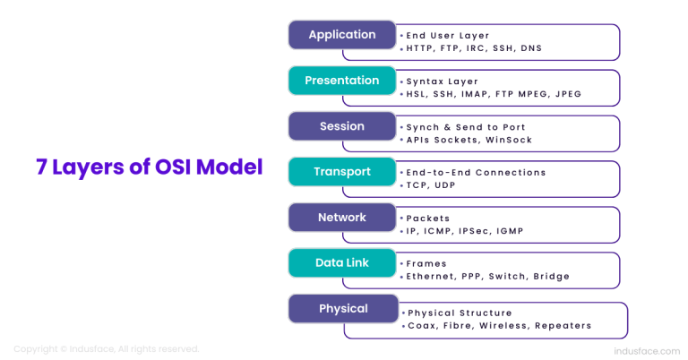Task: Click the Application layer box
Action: pyautogui.click(x=341, y=35)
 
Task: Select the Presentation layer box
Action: pyautogui.click(x=341, y=81)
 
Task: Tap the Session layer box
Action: pyautogui.click(x=341, y=126)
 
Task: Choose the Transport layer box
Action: pyautogui.click(x=341, y=172)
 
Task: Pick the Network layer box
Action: pyautogui.click(x=341, y=218)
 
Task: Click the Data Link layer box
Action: pyautogui.click(x=341, y=263)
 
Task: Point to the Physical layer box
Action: pyautogui.click(x=341, y=309)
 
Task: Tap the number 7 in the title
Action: pyautogui.click(x=41, y=167)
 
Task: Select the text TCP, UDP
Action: pyautogui.click(x=428, y=185)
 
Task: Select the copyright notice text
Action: pyautogui.click(x=106, y=348)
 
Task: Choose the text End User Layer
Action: pyautogui.click(x=448, y=35)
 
